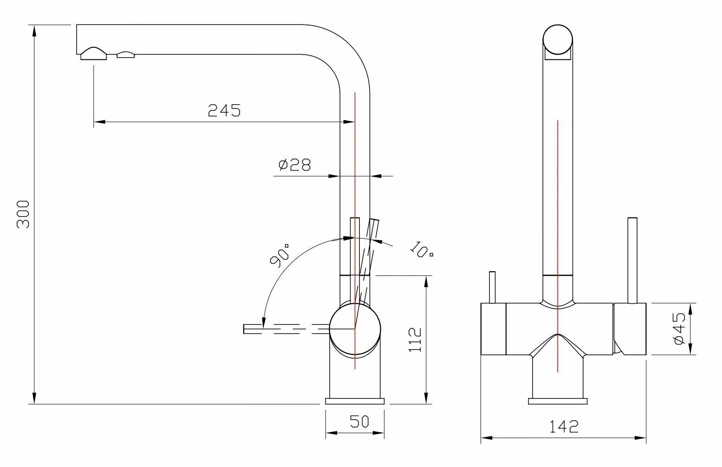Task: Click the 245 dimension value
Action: click(x=224, y=110)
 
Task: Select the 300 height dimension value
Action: click(x=23, y=214)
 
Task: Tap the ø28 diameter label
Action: click(x=294, y=165)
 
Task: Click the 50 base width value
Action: click(x=359, y=421)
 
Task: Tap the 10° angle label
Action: click(x=422, y=249)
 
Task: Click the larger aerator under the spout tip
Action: click(x=94, y=54)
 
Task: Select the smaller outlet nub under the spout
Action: click(x=126, y=55)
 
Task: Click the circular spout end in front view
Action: click(x=558, y=41)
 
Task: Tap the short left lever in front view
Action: click(x=493, y=288)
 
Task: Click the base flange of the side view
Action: click(x=355, y=401)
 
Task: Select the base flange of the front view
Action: click(x=558, y=401)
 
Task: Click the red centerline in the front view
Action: click(x=558, y=209)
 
